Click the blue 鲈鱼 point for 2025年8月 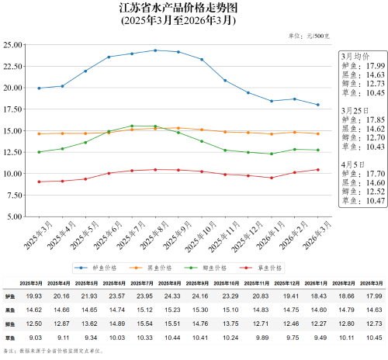coord(155,50)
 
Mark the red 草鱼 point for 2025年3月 coord(39,182)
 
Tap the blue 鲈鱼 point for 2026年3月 coord(318,105)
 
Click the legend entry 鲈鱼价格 coord(102,266)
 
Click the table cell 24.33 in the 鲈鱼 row coord(172,296)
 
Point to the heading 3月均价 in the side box coord(356,57)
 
